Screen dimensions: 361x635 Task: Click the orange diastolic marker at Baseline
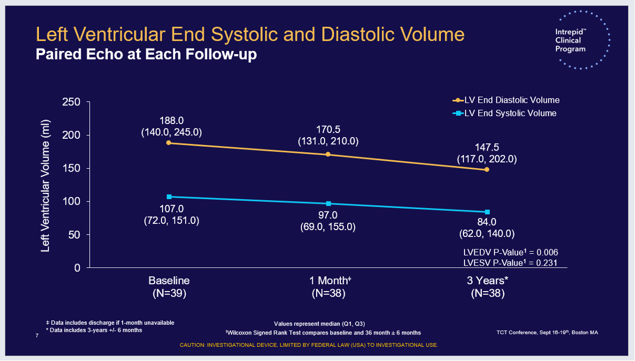169,143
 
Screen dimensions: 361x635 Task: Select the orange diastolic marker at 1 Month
328,155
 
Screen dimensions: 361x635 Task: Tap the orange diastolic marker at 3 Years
487,169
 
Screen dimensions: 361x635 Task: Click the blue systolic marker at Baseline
169,197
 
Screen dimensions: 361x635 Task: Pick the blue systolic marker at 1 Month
328,204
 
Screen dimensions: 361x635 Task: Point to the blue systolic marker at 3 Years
487,212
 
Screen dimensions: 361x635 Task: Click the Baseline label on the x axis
169,280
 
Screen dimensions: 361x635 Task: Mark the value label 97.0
328,215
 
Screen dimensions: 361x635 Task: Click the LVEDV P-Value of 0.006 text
510,252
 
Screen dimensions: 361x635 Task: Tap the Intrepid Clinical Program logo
580,41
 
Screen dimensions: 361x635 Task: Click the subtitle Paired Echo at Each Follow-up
146,55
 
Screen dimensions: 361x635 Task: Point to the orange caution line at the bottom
309,345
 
